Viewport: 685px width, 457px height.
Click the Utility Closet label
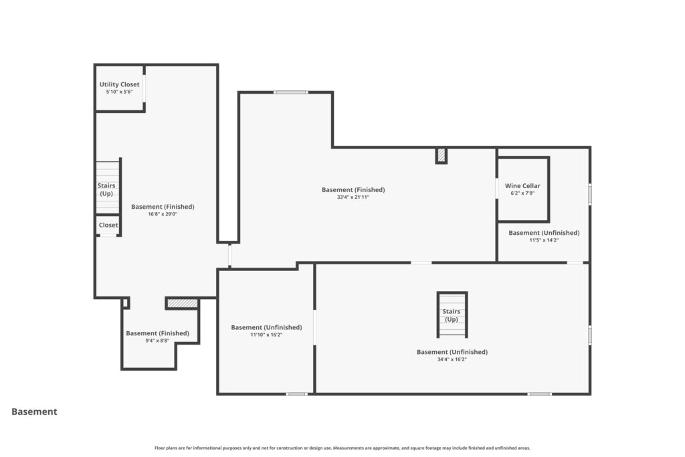pyautogui.click(x=119, y=84)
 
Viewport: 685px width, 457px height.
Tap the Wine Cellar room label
pyautogui.click(x=522, y=186)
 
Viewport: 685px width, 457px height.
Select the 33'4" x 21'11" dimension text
pyautogui.click(x=353, y=197)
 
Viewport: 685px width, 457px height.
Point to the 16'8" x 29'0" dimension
pyautogui.click(x=163, y=214)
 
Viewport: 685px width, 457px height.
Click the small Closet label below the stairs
pyautogui.click(x=108, y=225)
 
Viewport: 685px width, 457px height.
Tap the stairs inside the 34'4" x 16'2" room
pyautogui.click(x=452, y=314)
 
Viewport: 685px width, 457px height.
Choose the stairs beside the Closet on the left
pyautogui.click(x=108, y=187)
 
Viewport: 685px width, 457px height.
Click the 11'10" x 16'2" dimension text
pyautogui.click(x=266, y=335)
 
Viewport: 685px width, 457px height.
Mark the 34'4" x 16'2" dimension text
pyautogui.click(x=452, y=359)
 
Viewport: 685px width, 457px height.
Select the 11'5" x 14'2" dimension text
pyautogui.click(x=544, y=240)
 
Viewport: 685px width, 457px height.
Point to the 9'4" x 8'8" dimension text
pyautogui.click(x=157, y=341)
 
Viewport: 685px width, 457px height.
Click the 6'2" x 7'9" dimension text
pyautogui.click(x=522, y=193)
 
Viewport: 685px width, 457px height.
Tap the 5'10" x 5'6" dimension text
pyautogui.click(x=119, y=92)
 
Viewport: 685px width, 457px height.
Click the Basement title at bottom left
pyautogui.click(x=34, y=412)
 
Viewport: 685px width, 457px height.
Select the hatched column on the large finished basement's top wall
pyautogui.click(x=442, y=155)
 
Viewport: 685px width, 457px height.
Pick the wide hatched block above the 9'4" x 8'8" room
pyautogui.click(x=183, y=303)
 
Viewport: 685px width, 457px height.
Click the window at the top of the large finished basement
pyautogui.click(x=291, y=92)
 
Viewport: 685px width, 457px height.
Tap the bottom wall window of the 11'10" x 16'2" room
pyautogui.click(x=296, y=394)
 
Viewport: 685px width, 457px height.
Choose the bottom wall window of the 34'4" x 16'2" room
pyautogui.click(x=540, y=394)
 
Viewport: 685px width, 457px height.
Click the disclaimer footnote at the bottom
pyautogui.click(x=342, y=448)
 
